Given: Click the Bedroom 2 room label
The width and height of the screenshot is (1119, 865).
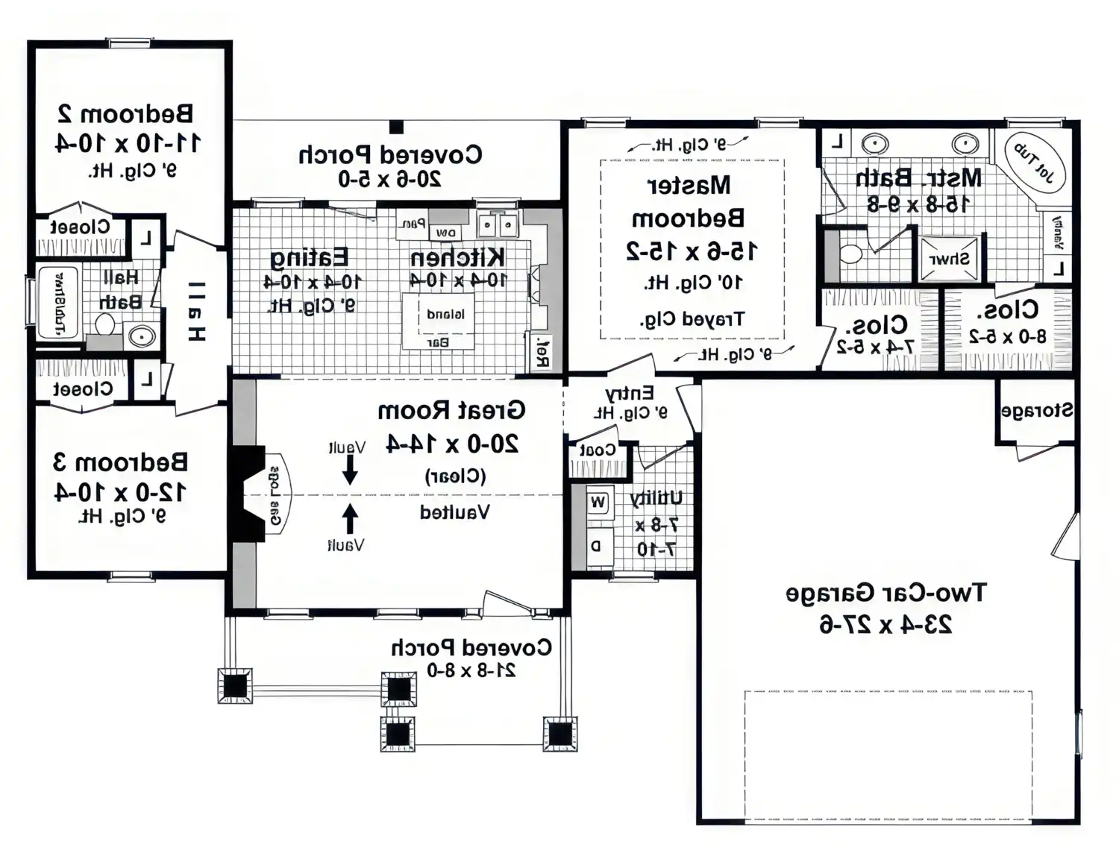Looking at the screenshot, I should (x=125, y=113).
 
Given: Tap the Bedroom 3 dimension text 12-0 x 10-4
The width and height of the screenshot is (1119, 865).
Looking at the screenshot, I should (x=121, y=492).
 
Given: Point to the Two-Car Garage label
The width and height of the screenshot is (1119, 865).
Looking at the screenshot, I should (x=886, y=593).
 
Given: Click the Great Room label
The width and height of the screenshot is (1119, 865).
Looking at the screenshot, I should (x=451, y=411).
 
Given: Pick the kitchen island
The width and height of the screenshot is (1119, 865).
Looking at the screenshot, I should (x=439, y=321).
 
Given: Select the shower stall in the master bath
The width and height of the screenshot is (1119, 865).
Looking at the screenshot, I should (x=949, y=259).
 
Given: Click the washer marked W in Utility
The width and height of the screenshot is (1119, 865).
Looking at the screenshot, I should (x=598, y=502).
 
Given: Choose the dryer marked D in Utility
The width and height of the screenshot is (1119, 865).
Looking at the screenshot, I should (x=597, y=545).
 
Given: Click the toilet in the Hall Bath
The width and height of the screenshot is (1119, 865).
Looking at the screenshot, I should (x=104, y=325).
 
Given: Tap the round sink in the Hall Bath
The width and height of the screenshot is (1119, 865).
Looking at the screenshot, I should (x=140, y=336).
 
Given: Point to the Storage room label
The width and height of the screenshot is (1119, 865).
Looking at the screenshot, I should (x=1037, y=410).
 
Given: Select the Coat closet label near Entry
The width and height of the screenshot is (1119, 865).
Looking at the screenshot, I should (x=598, y=450).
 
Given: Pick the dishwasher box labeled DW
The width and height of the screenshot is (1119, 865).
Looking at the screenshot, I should (x=446, y=233).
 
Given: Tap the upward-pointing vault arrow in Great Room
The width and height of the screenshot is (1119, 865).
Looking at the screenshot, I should (x=349, y=519).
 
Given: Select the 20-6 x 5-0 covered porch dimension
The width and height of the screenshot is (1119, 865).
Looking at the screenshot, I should (x=389, y=179).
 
